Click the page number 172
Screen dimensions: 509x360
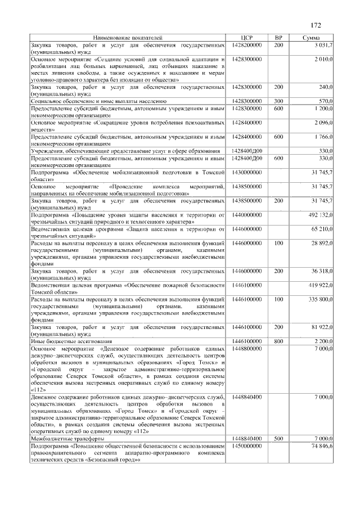click(x=316, y=25)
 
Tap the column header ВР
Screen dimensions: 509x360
click(x=278, y=37)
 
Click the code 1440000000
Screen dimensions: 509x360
click(x=246, y=215)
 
